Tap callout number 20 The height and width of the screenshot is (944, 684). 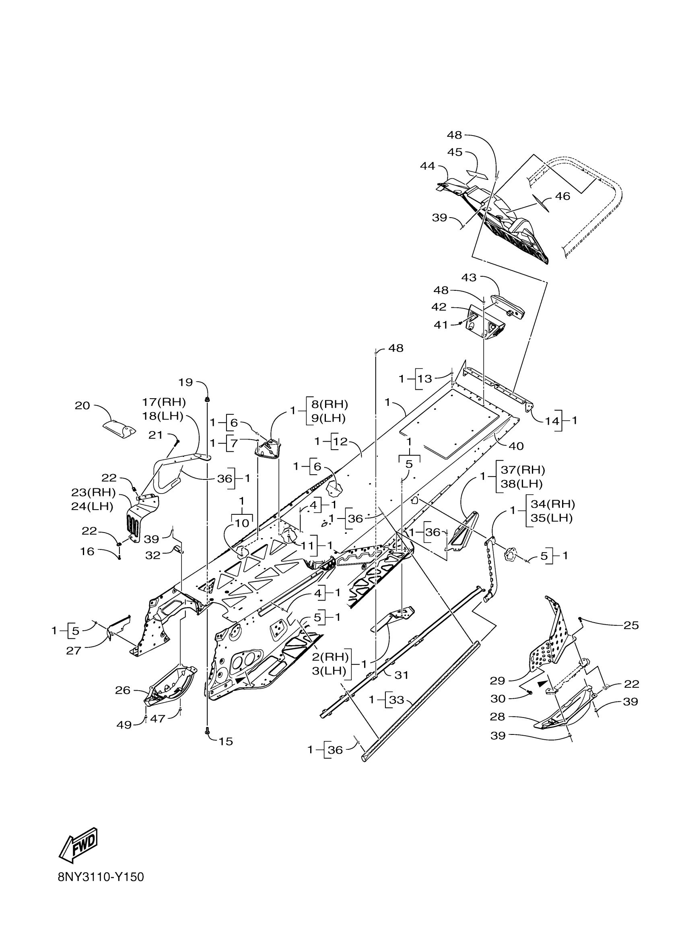(x=82, y=405)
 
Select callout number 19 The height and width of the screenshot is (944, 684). (x=185, y=382)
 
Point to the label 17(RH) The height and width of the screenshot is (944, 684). (x=163, y=403)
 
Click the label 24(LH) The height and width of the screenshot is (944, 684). (x=93, y=506)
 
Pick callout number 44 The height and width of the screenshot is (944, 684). (x=427, y=166)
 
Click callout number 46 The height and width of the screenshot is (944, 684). (x=563, y=196)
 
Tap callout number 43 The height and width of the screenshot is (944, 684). (x=469, y=278)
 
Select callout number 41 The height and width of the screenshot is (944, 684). (x=441, y=325)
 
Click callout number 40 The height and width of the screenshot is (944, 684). (x=516, y=446)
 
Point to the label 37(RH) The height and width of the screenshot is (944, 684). (x=523, y=470)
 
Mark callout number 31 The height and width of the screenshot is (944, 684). (x=401, y=675)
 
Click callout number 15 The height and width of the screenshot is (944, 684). (x=226, y=741)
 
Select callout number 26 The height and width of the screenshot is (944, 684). (x=123, y=690)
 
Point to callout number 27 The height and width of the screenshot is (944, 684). (x=74, y=650)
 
